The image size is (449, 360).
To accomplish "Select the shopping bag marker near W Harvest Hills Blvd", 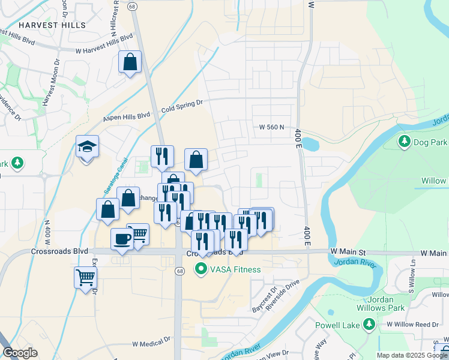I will coord(130,62).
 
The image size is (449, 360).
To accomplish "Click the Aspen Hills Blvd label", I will coord(127,115).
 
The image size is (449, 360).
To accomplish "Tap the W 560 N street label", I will coord(271,128).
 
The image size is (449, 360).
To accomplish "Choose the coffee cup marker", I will coord(122,239).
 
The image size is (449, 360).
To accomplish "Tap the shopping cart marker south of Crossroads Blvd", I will coord(86,278).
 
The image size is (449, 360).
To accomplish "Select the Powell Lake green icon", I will coord(370,325).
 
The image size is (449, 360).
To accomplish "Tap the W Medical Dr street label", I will coord(151,344).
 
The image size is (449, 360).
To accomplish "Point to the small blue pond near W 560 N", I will coord(310,145).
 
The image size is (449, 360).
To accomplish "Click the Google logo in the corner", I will coord(20,353).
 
